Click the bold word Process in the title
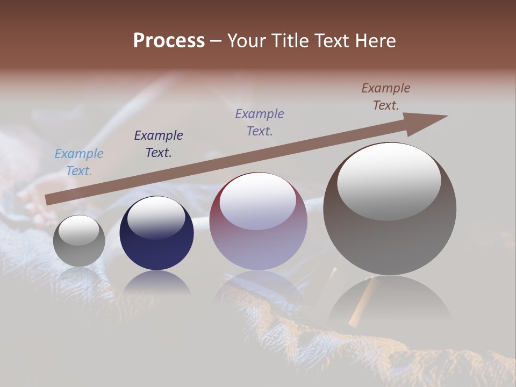coord(169,41)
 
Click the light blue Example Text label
coord(79,162)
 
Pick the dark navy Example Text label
coord(159,144)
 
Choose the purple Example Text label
coord(260,122)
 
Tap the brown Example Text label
coord(386,97)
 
